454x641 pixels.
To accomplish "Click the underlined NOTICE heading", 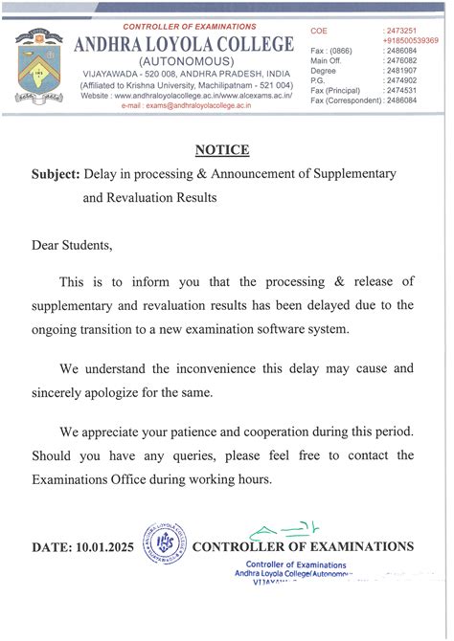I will [x=221, y=150].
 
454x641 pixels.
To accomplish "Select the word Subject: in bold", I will [x=55, y=175].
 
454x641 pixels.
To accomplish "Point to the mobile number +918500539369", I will [x=410, y=42].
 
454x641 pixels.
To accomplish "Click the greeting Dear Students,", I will [x=73, y=245].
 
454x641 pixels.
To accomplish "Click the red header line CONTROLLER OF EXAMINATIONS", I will [x=190, y=27].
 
